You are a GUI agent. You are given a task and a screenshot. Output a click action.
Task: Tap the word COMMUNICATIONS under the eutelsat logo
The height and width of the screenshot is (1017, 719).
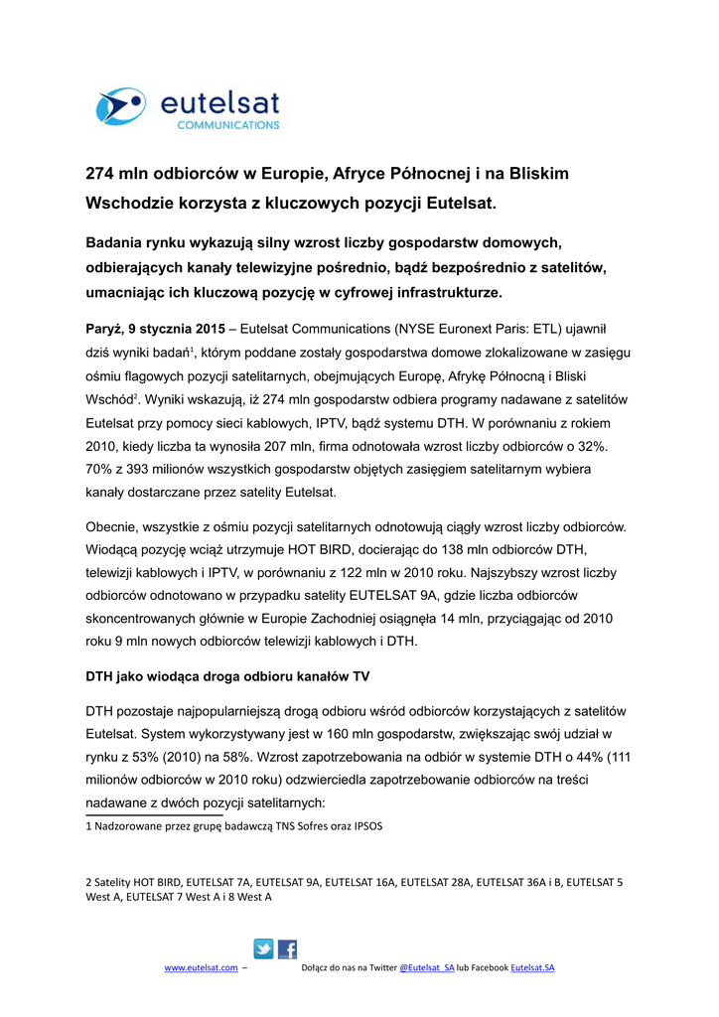click(x=227, y=126)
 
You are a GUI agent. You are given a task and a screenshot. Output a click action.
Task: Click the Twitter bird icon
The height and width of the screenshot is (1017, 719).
click(x=264, y=948)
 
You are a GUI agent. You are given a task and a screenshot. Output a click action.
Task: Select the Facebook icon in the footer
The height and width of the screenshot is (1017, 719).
click(x=287, y=948)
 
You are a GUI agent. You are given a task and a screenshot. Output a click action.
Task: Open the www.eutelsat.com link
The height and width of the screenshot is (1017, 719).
click(x=201, y=967)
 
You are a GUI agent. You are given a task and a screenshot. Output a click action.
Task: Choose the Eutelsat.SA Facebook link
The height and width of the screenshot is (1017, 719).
click(x=532, y=967)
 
